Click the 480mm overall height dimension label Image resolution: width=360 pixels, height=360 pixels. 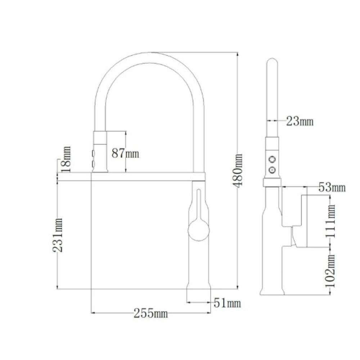coord(239,171)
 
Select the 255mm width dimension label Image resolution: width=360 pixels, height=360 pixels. coord(150,313)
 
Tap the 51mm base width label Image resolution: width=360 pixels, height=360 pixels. coord(227,303)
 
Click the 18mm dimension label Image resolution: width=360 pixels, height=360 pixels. coord(66,159)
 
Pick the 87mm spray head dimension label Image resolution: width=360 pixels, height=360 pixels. coord(125,153)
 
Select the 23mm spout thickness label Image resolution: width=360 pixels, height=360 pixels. coord(300,121)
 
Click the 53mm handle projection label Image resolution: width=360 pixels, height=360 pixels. coord(332,188)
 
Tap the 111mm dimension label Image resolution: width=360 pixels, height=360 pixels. coord(330,221)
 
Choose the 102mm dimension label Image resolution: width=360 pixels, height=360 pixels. coord(330,271)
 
